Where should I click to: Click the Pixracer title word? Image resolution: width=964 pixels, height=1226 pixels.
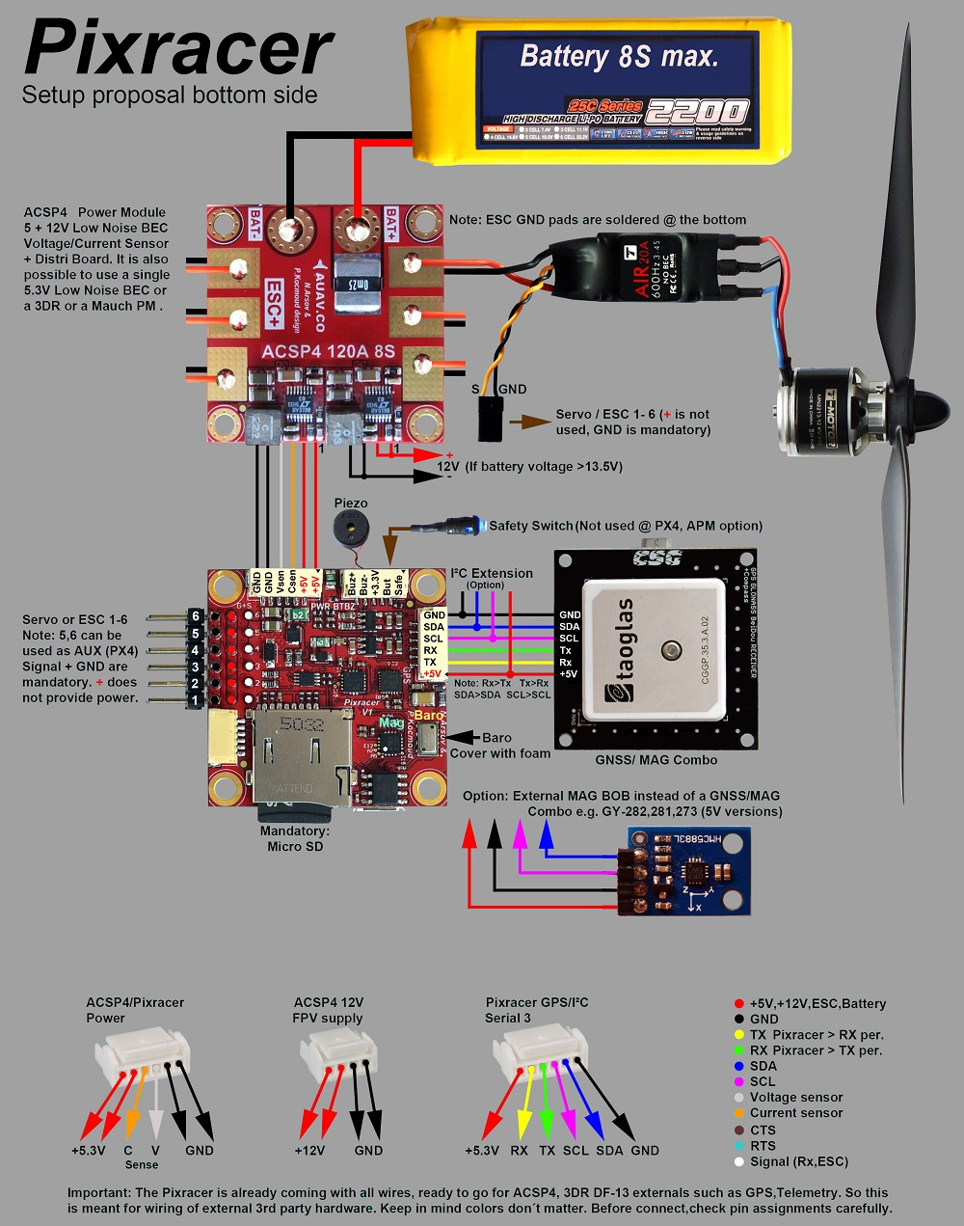[x=178, y=48]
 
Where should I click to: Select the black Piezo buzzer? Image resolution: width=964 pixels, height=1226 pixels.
[x=351, y=529]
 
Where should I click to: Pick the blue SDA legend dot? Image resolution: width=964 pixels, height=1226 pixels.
[x=739, y=1066]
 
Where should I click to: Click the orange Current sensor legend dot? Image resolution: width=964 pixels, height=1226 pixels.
[x=739, y=1113]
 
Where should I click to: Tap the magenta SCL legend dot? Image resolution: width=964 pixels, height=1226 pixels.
[x=739, y=1081]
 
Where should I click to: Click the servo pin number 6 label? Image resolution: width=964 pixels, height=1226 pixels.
[x=195, y=616]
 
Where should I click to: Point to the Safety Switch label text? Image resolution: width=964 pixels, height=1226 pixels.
[x=530, y=526]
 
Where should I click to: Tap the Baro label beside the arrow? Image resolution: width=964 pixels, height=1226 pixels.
[x=497, y=738]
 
